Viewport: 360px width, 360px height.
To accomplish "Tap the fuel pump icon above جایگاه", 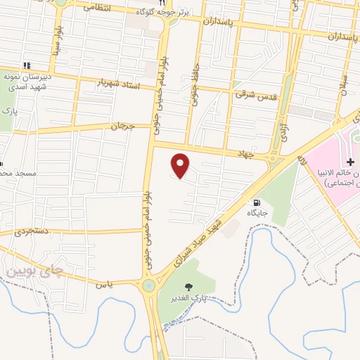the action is point(255,201).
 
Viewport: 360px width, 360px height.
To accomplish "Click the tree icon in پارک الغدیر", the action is point(188,286).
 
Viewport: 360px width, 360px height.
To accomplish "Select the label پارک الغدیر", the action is point(184,299).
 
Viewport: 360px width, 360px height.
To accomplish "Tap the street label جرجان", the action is point(122,127).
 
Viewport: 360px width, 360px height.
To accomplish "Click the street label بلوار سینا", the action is point(56,44).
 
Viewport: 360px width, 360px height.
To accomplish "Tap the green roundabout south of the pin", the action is point(148,285).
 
